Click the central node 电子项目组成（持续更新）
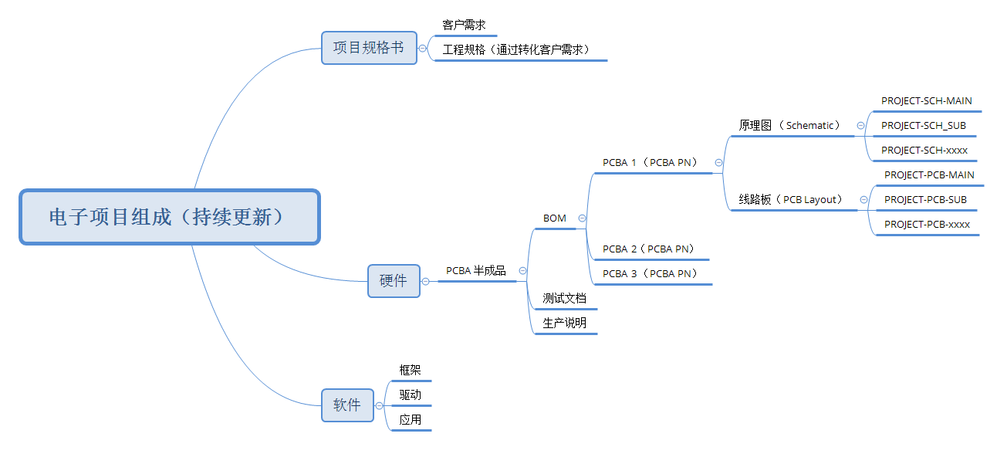click(x=169, y=217)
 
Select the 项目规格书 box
click(x=369, y=48)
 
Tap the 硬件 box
click(x=394, y=281)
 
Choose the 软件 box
click(x=347, y=405)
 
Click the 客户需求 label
click(x=464, y=25)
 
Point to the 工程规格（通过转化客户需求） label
click(x=517, y=50)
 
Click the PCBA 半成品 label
click(x=476, y=271)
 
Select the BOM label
click(x=555, y=218)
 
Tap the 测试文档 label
click(x=564, y=299)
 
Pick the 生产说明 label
click(x=564, y=323)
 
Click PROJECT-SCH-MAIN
click(x=927, y=101)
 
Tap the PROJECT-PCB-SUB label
click(x=926, y=200)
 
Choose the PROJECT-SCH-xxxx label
click(x=924, y=151)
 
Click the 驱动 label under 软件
click(x=411, y=395)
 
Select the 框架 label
click(x=411, y=371)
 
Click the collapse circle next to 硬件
click(x=426, y=282)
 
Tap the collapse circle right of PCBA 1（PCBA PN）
click(x=718, y=163)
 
